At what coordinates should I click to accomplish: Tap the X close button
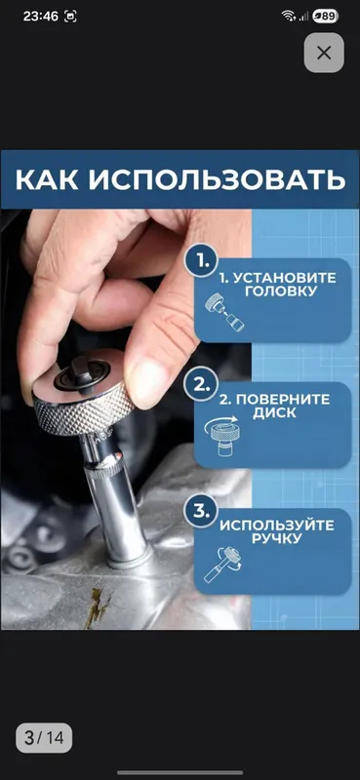(324, 53)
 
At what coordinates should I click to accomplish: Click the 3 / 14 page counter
(44, 738)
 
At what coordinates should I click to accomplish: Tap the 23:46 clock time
(41, 16)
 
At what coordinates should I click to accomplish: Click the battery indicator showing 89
(325, 17)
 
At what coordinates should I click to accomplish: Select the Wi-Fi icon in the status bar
(289, 17)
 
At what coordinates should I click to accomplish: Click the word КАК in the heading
(47, 179)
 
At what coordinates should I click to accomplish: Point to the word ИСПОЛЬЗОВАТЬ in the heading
(218, 179)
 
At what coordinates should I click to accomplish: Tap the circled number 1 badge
(201, 260)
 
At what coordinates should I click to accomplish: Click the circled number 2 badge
(201, 385)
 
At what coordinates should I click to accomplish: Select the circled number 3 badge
(201, 511)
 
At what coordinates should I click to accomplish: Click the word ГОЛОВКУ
(281, 292)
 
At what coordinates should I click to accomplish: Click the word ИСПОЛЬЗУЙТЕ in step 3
(277, 526)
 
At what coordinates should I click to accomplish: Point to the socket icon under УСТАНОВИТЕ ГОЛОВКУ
(224, 312)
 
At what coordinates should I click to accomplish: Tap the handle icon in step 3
(222, 564)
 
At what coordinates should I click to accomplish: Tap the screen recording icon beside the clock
(71, 17)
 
